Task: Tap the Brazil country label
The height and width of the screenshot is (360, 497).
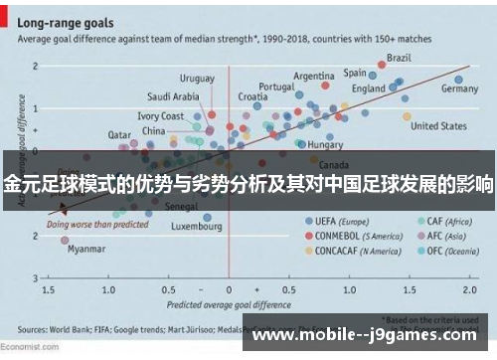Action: pyautogui.click(x=399, y=58)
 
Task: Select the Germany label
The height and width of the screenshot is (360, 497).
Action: pyautogui.click(x=459, y=89)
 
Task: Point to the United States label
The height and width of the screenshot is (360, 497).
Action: pyautogui.click(x=438, y=126)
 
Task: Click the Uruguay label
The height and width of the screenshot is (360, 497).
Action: pyautogui.click(x=196, y=78)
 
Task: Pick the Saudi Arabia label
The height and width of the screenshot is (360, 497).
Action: pyautogui.click(x=173, y=96)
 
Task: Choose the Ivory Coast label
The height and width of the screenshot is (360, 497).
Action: pyautogui.click(x=160, y=116)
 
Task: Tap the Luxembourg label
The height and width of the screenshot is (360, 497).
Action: pyautogui.click(x=196, y=226)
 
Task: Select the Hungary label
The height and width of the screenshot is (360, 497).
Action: pyautogui.click(x=325, y=144)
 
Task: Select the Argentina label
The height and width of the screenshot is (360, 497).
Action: pyautogui.click(x=314, y=76)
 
